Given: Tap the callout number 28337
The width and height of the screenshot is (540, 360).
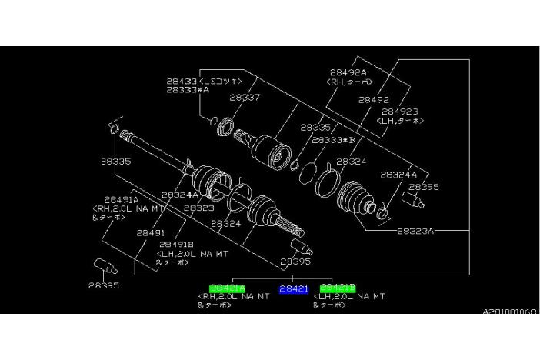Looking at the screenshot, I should coord(244,98).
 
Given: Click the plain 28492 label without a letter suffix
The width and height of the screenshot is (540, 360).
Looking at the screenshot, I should coord(373,99).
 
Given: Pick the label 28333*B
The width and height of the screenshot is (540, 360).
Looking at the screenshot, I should coord(333,140).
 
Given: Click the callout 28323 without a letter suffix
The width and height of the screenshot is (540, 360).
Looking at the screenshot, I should coord(198,208).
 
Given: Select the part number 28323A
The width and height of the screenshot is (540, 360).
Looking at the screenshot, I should coord(416,230).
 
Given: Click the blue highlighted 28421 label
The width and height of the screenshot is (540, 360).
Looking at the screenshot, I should coord(293,288).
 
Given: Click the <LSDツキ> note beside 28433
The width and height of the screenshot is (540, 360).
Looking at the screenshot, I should coord(222,80).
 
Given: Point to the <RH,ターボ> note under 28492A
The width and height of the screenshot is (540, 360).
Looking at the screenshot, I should coord(350,82).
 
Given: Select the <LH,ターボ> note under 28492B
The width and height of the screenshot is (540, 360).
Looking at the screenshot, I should coord(398,121).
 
